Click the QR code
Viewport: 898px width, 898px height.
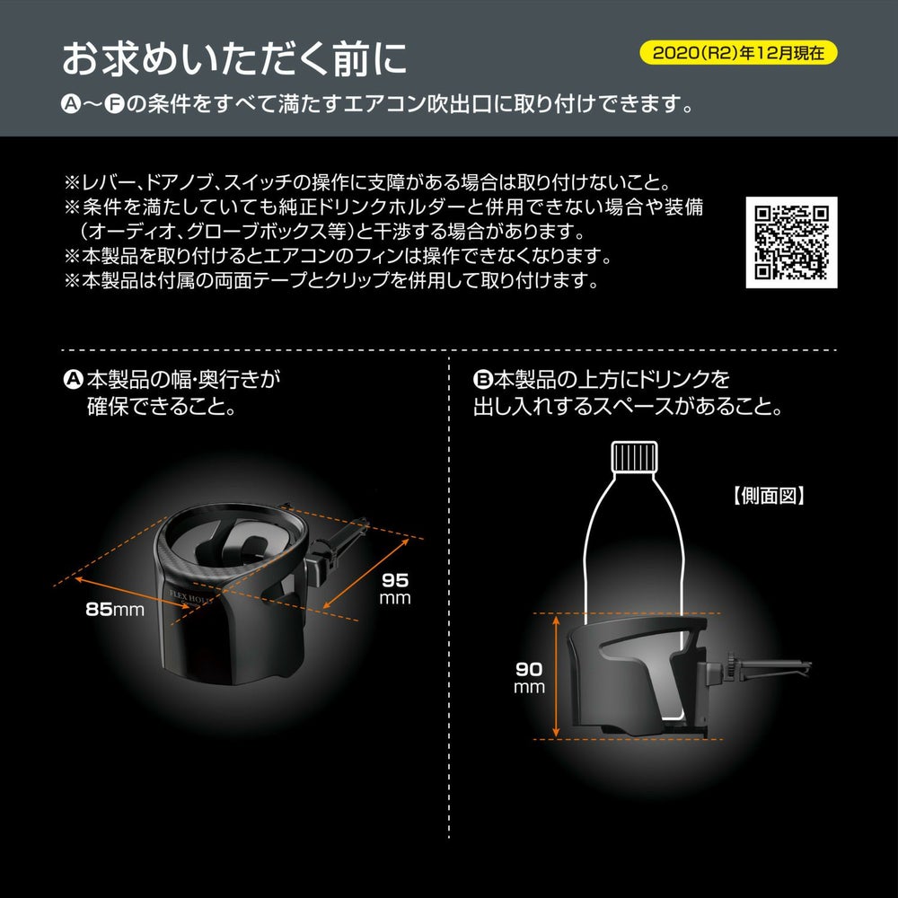coord(791,242)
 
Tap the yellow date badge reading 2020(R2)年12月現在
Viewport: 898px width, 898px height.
coord(738,53)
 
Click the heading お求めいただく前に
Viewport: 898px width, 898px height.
coord(234,58)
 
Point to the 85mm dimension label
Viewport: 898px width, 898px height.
coord(115,610)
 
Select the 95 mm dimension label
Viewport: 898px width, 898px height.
coord(395,589)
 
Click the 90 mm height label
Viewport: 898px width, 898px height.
coord(529,677)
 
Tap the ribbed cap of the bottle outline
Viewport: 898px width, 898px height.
coord(634,456)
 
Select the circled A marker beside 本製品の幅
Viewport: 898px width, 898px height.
coord(73,379)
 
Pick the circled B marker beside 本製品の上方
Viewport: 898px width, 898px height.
coord(483,379)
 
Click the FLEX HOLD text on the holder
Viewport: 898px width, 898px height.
coord(191,597)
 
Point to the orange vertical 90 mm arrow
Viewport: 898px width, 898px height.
coord(556,676)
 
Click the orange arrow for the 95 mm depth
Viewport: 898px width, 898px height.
coord(366,573)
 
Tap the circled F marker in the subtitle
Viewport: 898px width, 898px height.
coord(115,105)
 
